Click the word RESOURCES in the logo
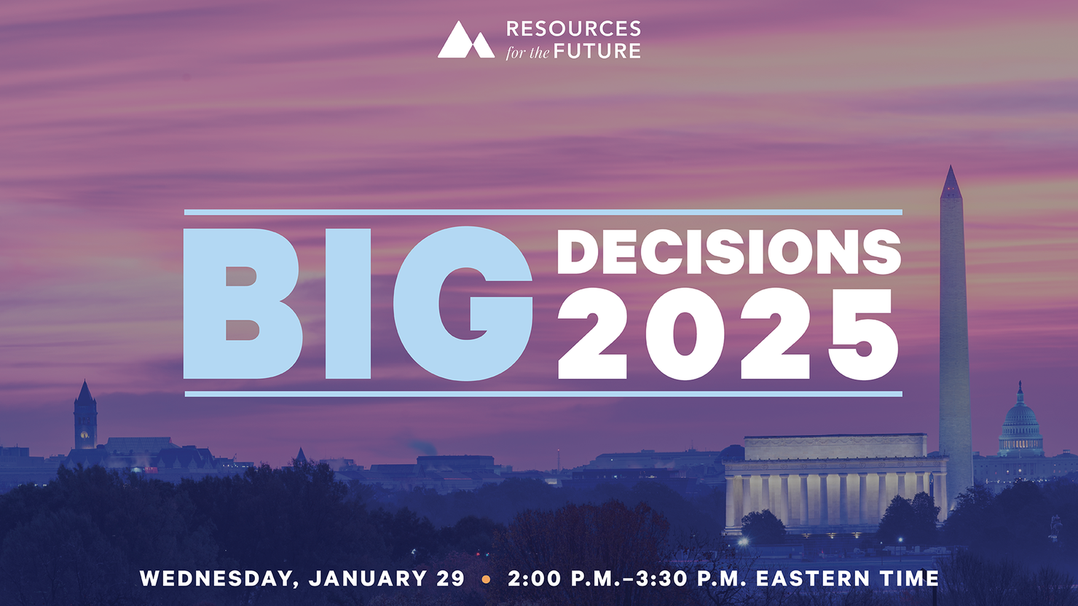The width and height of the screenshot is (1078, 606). point(573,28)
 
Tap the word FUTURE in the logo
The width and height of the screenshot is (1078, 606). point(597,51)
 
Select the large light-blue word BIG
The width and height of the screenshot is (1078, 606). point(358,304)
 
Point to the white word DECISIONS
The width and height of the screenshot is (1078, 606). point(728,252)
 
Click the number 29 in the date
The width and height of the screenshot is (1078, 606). point(450,578)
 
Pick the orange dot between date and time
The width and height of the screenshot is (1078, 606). point(486,579)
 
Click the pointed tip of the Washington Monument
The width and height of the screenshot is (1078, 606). point(950,166)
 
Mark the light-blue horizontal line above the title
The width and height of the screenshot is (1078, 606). point(543,212)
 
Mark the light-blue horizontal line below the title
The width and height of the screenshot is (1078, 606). point(543,394)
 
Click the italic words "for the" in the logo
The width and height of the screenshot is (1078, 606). point(527,52)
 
